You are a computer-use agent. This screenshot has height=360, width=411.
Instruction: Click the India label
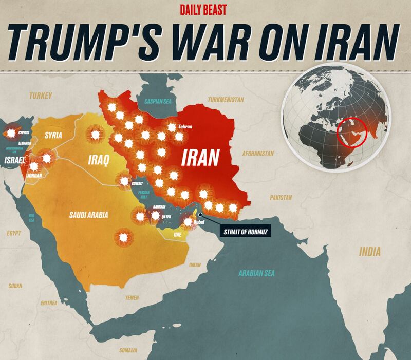point(370,252)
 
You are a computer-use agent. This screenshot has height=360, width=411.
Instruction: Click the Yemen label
point(132,297)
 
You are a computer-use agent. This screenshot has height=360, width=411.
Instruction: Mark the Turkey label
point(41,96)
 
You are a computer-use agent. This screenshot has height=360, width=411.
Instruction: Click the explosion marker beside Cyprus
point(10,132)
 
